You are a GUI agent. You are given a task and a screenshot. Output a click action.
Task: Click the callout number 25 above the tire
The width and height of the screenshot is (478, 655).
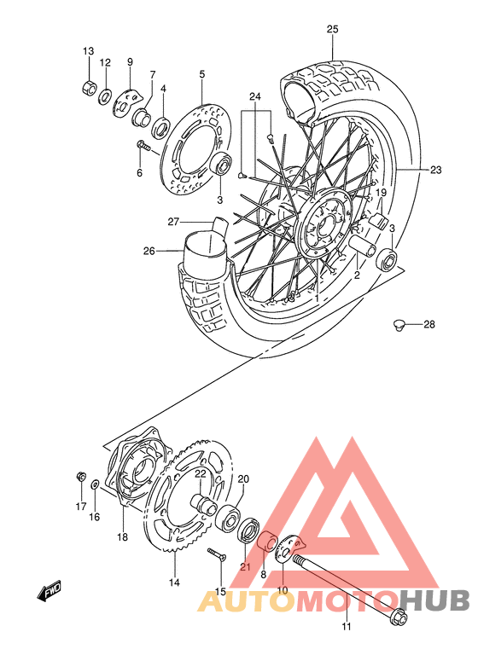pyautogui.click(x=332, y=29)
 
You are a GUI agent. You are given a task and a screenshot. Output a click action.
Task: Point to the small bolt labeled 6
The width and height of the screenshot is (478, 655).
pyautogui.click(x=143, y=148)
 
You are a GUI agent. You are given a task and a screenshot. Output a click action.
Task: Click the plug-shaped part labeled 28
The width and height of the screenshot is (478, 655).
pyautogui.click(x=398, y=324)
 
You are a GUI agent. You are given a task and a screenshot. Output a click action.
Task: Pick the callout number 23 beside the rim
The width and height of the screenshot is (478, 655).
pyautogui.click(x=435, y=170)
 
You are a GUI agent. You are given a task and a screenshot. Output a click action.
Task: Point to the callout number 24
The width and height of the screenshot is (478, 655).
pyautogui.click(x=254, y=96)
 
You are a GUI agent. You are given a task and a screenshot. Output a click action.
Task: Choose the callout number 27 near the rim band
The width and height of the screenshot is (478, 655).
pyautogui.click(x=172, y=222)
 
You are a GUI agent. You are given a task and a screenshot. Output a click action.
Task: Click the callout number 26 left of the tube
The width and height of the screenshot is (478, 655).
pyautogui.click(x=149, y=251)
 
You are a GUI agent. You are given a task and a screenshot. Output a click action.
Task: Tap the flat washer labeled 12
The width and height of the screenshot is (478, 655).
pyautogui.click(x=106, y=96)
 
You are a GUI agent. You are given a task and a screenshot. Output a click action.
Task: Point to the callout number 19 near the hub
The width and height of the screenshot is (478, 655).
pyautogui.click(x=382, y=193)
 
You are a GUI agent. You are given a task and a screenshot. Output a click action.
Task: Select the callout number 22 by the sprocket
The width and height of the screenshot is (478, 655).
pyautogui.click(x=201, y=474)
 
